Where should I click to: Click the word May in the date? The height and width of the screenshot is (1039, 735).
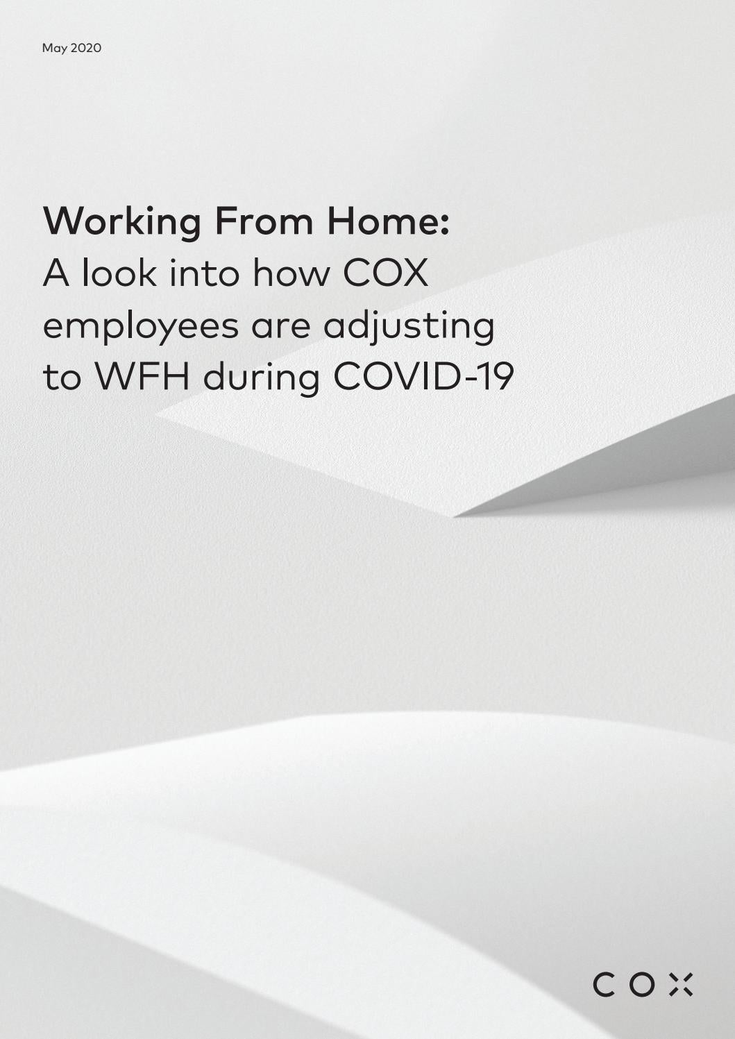click(55, 49)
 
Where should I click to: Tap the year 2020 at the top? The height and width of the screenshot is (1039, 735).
click(86, 48)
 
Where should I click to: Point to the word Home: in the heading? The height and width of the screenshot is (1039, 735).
click(388, 221)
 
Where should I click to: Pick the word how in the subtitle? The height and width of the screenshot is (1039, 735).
click(291, 273)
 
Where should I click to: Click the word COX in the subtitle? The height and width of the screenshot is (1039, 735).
click(386, 273)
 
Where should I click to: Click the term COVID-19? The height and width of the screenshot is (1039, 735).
click(423, 377)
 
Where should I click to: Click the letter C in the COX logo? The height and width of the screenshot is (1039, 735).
click(605, 985)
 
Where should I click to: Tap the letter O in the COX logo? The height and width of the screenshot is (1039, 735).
click(642, 985)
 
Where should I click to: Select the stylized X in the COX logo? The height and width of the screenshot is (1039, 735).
click(680, 985)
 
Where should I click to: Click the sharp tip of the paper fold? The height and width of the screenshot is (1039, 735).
click(455, 516)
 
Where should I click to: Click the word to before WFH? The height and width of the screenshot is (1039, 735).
click(62, 377)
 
